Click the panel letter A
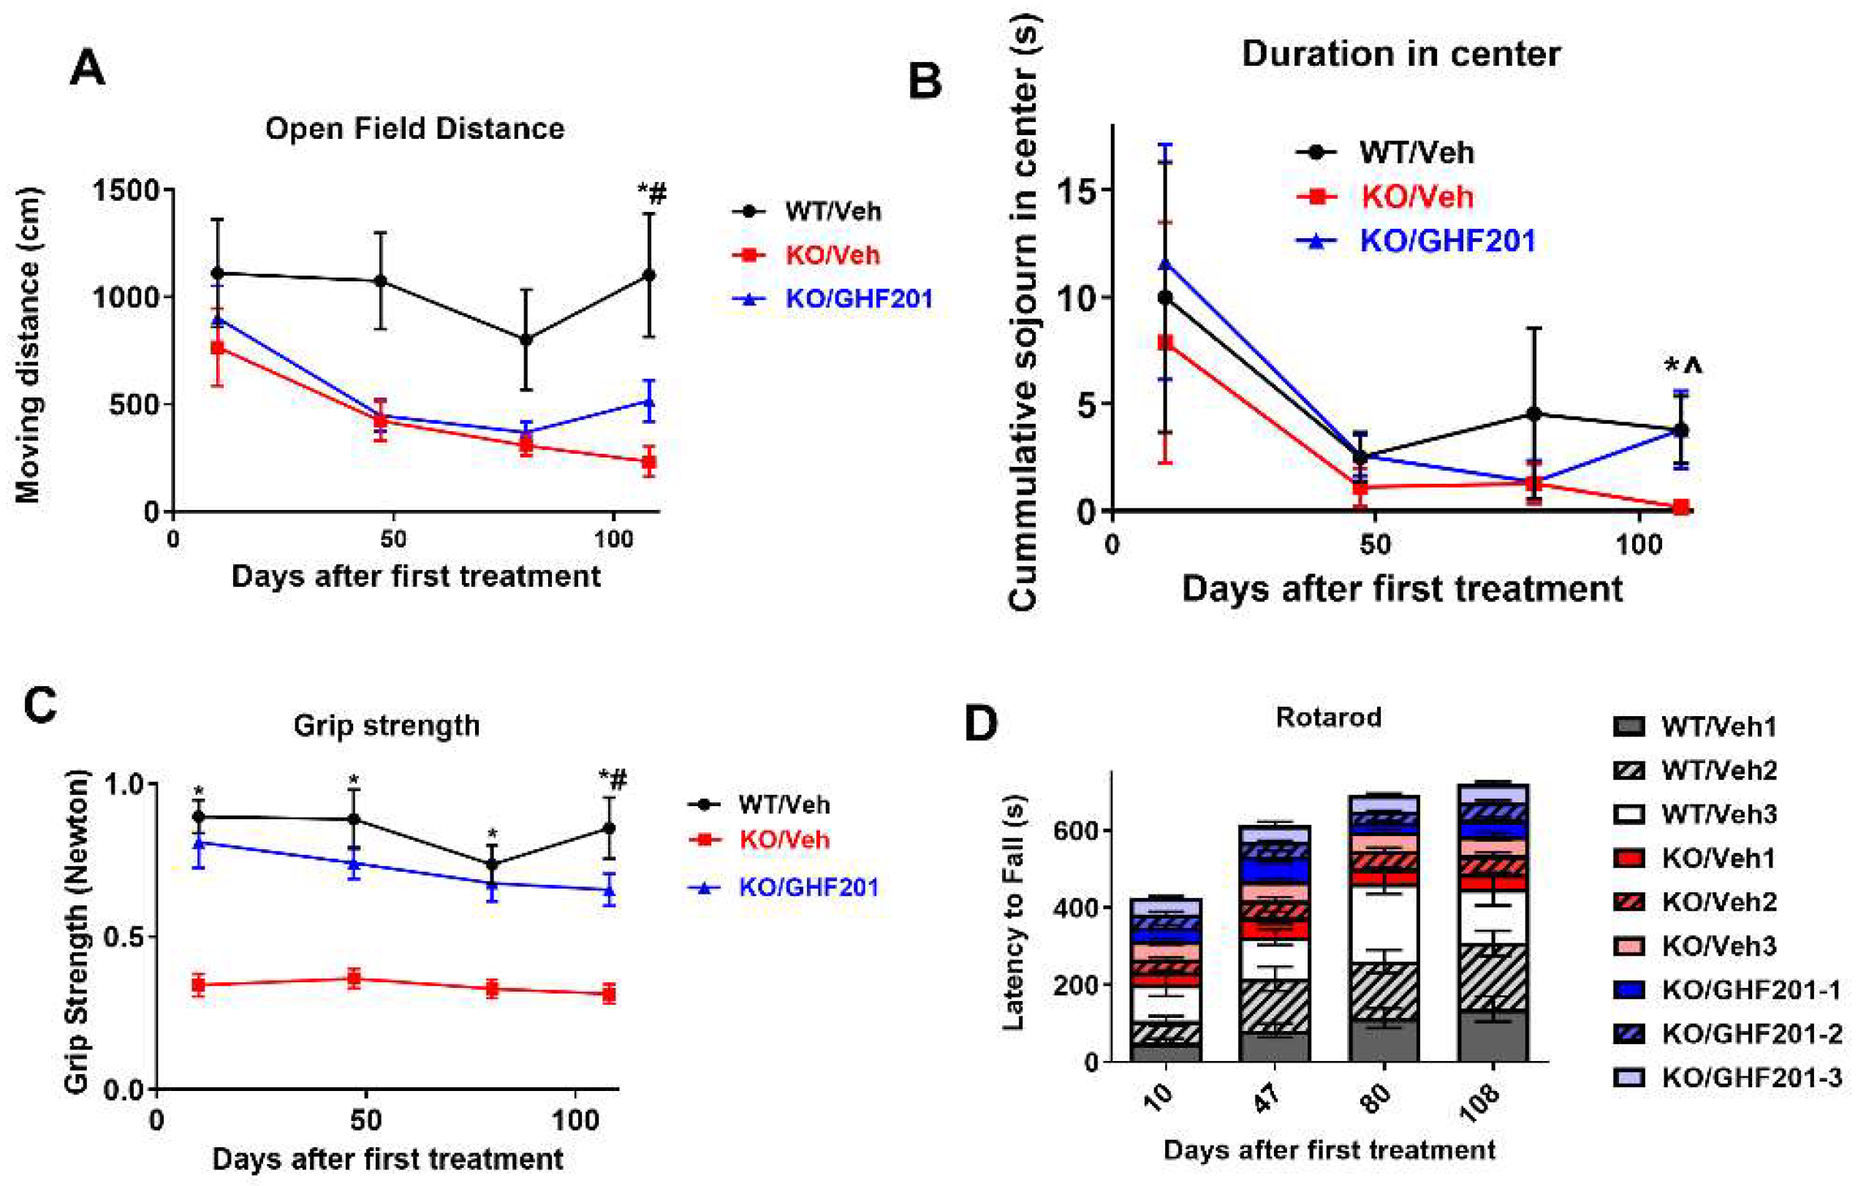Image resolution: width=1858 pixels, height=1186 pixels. (87, 69)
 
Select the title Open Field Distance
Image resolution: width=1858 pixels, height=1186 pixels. (414, 128)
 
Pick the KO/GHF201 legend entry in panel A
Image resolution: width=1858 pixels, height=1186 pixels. (858, 299)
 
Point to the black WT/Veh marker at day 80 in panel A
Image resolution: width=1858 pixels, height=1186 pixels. (526, 340)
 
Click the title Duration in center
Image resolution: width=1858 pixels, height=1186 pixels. (1400, 54)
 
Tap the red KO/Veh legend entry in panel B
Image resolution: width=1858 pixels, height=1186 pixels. (1417, 197)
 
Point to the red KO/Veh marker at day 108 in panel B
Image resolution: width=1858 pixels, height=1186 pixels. (1681, 507)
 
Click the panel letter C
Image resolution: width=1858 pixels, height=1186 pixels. (40, 705)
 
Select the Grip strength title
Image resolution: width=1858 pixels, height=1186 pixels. (387, 726)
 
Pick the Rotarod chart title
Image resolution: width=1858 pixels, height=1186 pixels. (1328, 717)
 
